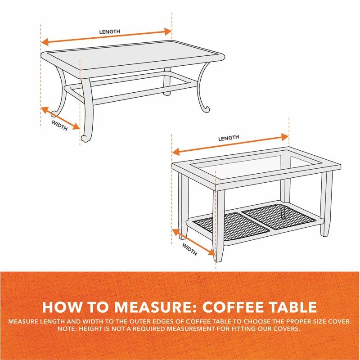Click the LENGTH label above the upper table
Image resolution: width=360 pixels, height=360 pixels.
click(110, 31)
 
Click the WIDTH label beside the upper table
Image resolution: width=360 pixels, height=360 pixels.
click(59, 125)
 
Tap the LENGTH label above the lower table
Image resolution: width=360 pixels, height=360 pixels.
click(229, 138)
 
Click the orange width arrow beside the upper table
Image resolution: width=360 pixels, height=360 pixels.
click(60, 118)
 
